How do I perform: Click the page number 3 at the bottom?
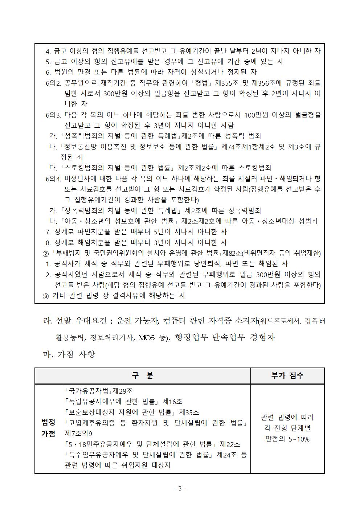coord(180,488)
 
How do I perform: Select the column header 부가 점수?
coord(287,375)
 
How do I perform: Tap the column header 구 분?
coord(142,375)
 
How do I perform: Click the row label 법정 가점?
coord(48,428)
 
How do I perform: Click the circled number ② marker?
coord(46,253)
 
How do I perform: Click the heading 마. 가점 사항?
coord(69,354)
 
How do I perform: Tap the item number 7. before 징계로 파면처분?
coord(48,231)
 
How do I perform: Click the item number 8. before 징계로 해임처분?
coord(48,242)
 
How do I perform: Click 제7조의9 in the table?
coord(78,434)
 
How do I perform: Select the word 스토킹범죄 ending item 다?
coord(255,168)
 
